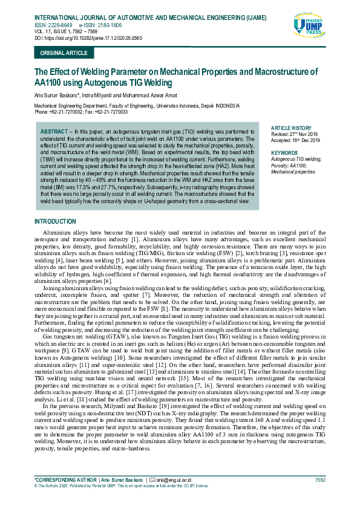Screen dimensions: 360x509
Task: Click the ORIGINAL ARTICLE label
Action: click(64, 53)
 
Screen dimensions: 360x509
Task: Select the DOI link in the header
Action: click(88, 37)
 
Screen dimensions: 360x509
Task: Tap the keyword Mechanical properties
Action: click(293, 172)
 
